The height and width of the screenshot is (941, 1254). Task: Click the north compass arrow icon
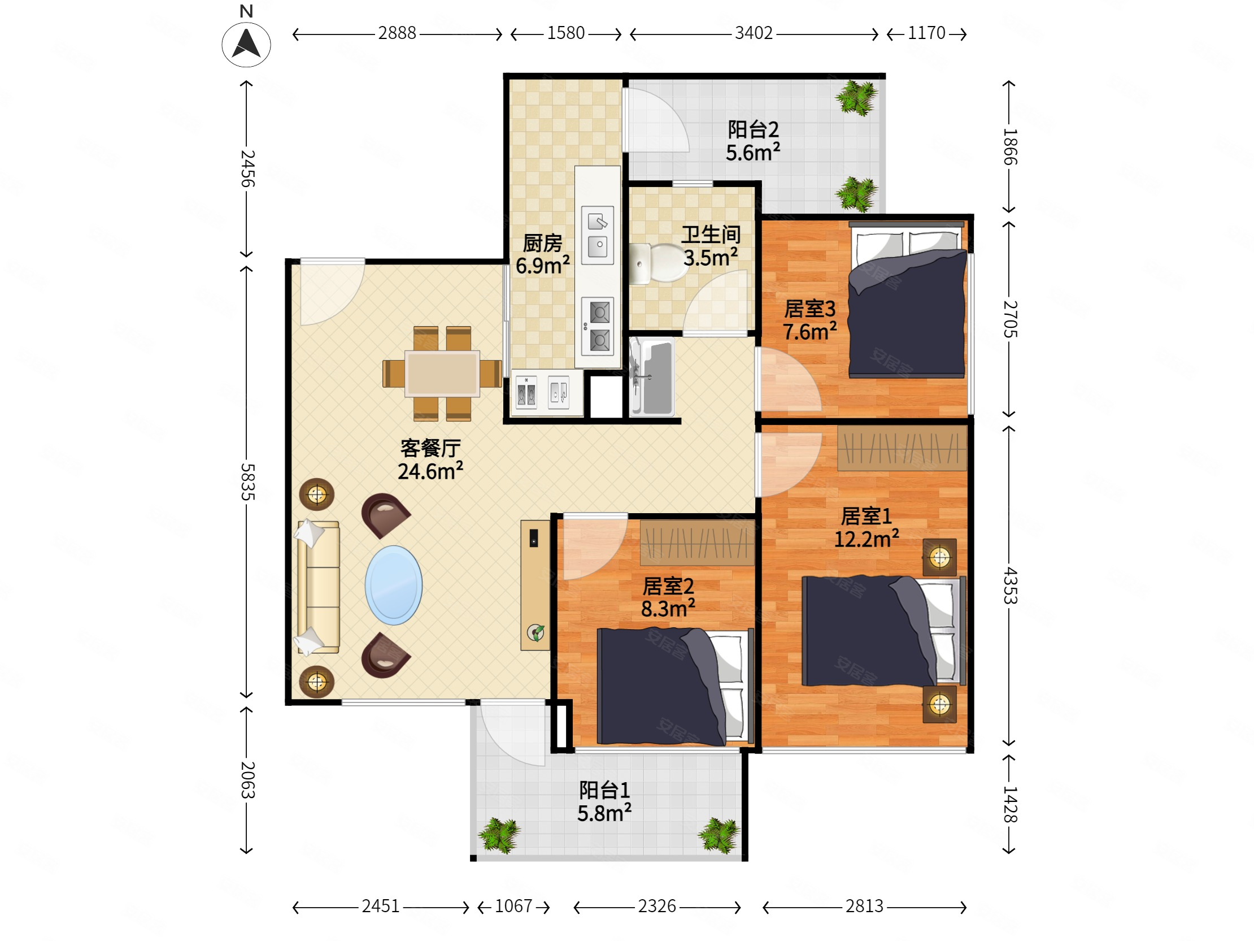coord(246,44)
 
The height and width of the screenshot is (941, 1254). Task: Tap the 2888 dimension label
coord(397,33)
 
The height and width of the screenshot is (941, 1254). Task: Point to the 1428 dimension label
coord(1009,804)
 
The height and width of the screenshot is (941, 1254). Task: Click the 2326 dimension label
coord(657,907)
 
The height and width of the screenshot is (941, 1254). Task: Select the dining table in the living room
coord(442,374)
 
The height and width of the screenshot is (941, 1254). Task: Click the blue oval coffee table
coord(394,585)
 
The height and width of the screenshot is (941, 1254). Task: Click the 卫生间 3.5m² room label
coord(711,246)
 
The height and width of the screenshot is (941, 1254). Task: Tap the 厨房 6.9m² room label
coord(542,255)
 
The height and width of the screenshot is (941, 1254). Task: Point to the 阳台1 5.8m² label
coord(604,801)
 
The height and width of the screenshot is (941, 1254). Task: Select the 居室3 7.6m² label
coord(809,320)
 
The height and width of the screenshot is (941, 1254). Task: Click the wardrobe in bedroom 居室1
coord(902,448)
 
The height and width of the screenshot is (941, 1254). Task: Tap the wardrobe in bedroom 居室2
coord(697,543)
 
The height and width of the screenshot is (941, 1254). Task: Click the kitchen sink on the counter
coord(598,235)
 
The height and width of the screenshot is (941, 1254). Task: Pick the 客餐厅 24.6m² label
coord(430,460)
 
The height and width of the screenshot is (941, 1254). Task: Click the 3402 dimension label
coord(754,33)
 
